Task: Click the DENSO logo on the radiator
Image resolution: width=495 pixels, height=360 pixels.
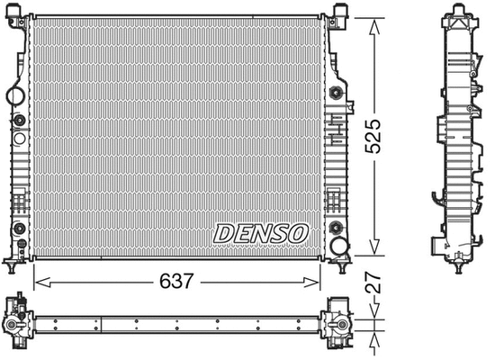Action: [x=261, y=233]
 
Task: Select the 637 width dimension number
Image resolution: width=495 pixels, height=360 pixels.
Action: [x=177, y=282]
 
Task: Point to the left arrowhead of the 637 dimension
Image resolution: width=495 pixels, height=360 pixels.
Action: [x=38, y=282]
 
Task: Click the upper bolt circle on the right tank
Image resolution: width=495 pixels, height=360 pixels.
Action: [x=337, y=92]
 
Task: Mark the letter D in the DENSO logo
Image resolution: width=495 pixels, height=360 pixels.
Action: [x=226, y=233]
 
